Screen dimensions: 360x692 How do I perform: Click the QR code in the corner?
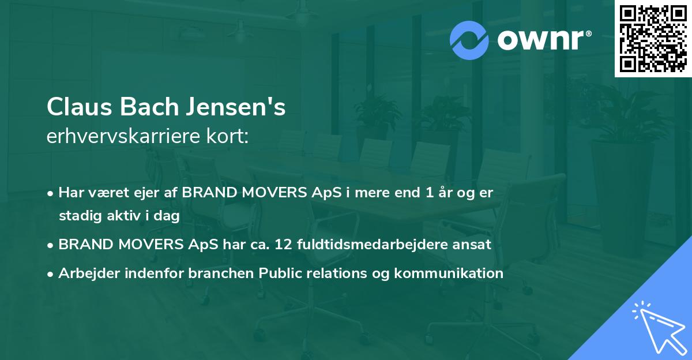click(x=653, y=39)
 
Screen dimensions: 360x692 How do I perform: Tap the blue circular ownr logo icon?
click(x=470, y=40)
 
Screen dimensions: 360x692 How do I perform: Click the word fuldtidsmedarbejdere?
click(x=365, y=244)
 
